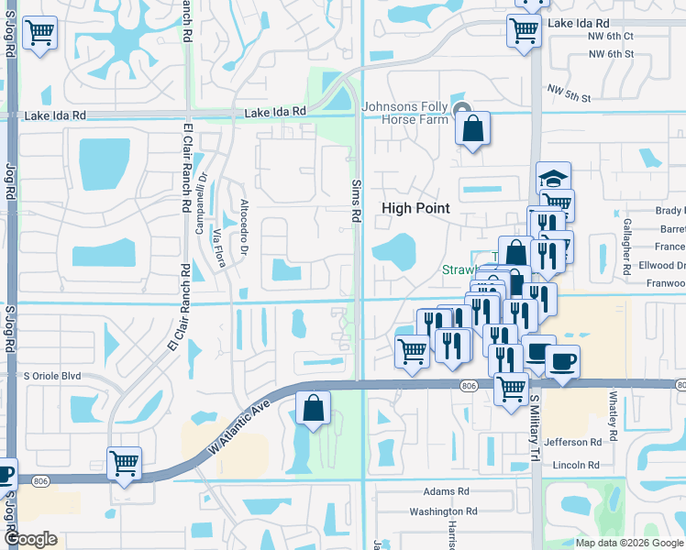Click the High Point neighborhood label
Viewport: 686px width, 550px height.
coord(415,208)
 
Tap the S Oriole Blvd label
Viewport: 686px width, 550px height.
coord(53,376)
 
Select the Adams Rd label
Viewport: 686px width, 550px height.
coord(446,492)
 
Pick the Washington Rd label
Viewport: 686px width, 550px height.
coord(444,511)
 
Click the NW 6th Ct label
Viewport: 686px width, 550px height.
coord(611,37)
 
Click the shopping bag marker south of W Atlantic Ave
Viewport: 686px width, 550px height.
coord(313,409)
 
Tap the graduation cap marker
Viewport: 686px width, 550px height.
coord(553,178)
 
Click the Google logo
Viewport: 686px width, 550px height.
coord(29,539)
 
